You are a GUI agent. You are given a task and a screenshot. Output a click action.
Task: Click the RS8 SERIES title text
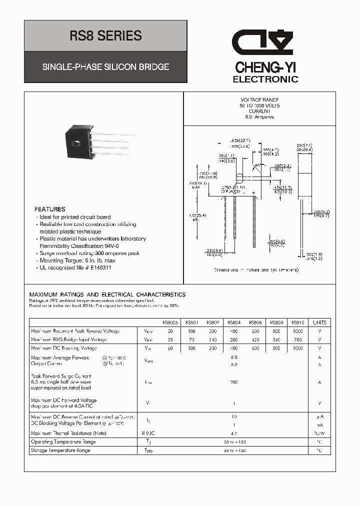[105, 36]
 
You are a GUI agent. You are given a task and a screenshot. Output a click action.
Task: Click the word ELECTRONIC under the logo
[265, 79]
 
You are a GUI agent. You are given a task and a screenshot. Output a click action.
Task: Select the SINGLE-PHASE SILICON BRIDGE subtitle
[105, 66]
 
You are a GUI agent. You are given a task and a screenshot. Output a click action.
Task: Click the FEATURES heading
[49, 209]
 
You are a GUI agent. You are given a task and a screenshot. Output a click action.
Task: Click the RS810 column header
[297, 322]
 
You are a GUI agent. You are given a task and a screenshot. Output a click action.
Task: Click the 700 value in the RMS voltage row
[297, 339]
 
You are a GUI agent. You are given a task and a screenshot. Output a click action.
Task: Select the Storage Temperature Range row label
[60, 450]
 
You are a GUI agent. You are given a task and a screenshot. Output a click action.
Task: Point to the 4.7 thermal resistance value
[234, 433]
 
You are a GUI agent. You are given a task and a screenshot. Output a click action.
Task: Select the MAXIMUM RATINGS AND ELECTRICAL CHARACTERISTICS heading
[107, 294]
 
